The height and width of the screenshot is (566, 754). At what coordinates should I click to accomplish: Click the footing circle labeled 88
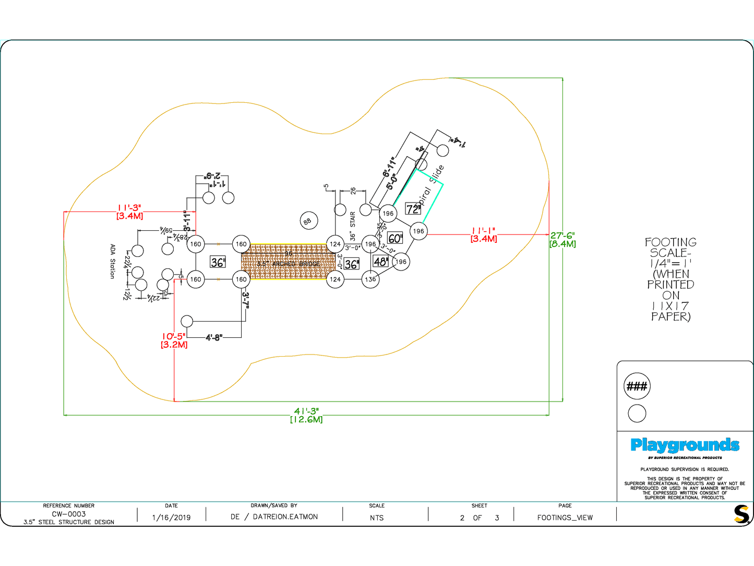307,221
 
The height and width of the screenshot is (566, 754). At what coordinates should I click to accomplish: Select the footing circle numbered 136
370,279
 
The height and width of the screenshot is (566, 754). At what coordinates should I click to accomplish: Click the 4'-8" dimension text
214,337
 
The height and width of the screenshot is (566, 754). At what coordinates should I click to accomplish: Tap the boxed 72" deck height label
413,209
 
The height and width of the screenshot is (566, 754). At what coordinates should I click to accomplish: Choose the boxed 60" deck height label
395,239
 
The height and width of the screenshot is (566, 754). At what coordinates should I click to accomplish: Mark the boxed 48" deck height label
380,262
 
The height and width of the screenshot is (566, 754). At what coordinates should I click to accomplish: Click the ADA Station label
112,261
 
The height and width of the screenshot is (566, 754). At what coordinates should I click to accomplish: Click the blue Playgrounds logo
685,445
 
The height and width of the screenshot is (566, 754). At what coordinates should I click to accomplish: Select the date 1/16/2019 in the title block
171,517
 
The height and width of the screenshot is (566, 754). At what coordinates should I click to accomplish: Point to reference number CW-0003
69,514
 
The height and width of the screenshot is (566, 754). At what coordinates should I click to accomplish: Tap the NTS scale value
377,518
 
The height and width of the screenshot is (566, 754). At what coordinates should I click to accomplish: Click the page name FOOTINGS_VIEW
565,517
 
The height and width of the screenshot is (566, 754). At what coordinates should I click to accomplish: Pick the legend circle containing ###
637,386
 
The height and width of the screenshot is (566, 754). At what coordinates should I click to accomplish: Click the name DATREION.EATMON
285,517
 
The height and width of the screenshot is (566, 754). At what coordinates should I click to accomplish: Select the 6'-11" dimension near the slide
389,166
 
